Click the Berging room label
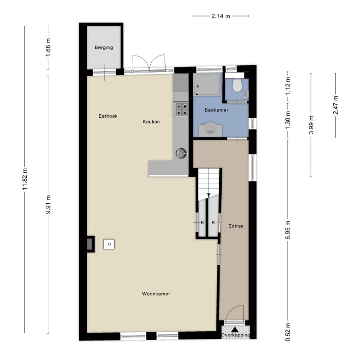103,48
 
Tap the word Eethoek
108,116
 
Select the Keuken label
151,122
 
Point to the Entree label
236,226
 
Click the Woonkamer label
156,294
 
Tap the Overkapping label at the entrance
235,335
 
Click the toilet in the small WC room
237,85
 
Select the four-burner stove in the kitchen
181,109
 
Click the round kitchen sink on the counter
181,152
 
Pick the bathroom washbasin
210,129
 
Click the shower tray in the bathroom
207,84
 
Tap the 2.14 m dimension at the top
221,16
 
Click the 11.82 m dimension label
24,179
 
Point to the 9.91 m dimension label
48,204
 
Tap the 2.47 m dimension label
335,105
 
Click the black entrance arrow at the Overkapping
235,329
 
